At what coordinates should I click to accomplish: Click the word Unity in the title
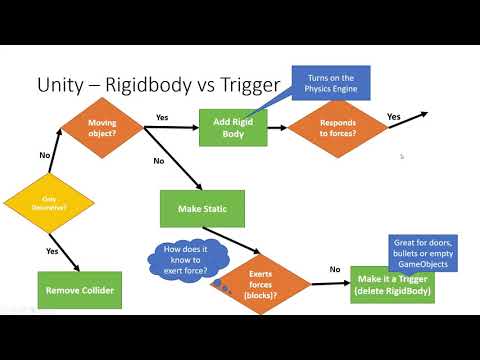tap(62, 86)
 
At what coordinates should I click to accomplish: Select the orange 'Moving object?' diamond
tap(103, 127)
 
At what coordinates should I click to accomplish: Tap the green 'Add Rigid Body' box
tap(240, 127)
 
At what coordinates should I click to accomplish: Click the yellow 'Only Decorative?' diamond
tap(50, 203)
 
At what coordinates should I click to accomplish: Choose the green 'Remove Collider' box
tap(78, 290)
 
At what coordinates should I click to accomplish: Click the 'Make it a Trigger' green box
tap(392, 284)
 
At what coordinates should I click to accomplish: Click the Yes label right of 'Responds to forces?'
tap(393, 117)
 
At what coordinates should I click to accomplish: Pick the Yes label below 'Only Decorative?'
tap(52, 251)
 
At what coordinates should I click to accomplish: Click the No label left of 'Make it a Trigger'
tap(334, 268)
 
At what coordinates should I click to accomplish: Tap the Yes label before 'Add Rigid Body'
tap(162, 117)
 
